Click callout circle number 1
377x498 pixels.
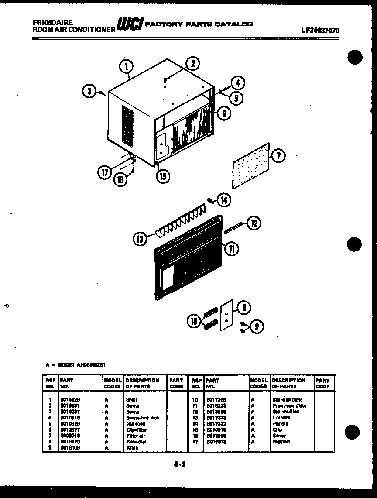(126, 67)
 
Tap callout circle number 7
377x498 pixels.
(278, 155)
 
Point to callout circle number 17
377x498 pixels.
(104, 173)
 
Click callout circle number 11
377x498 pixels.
(232, 248)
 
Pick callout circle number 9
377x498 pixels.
(257, 326)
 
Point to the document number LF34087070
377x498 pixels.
(320, 31)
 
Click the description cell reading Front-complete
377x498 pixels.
(289, 405)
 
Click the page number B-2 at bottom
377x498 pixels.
(179, 465)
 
